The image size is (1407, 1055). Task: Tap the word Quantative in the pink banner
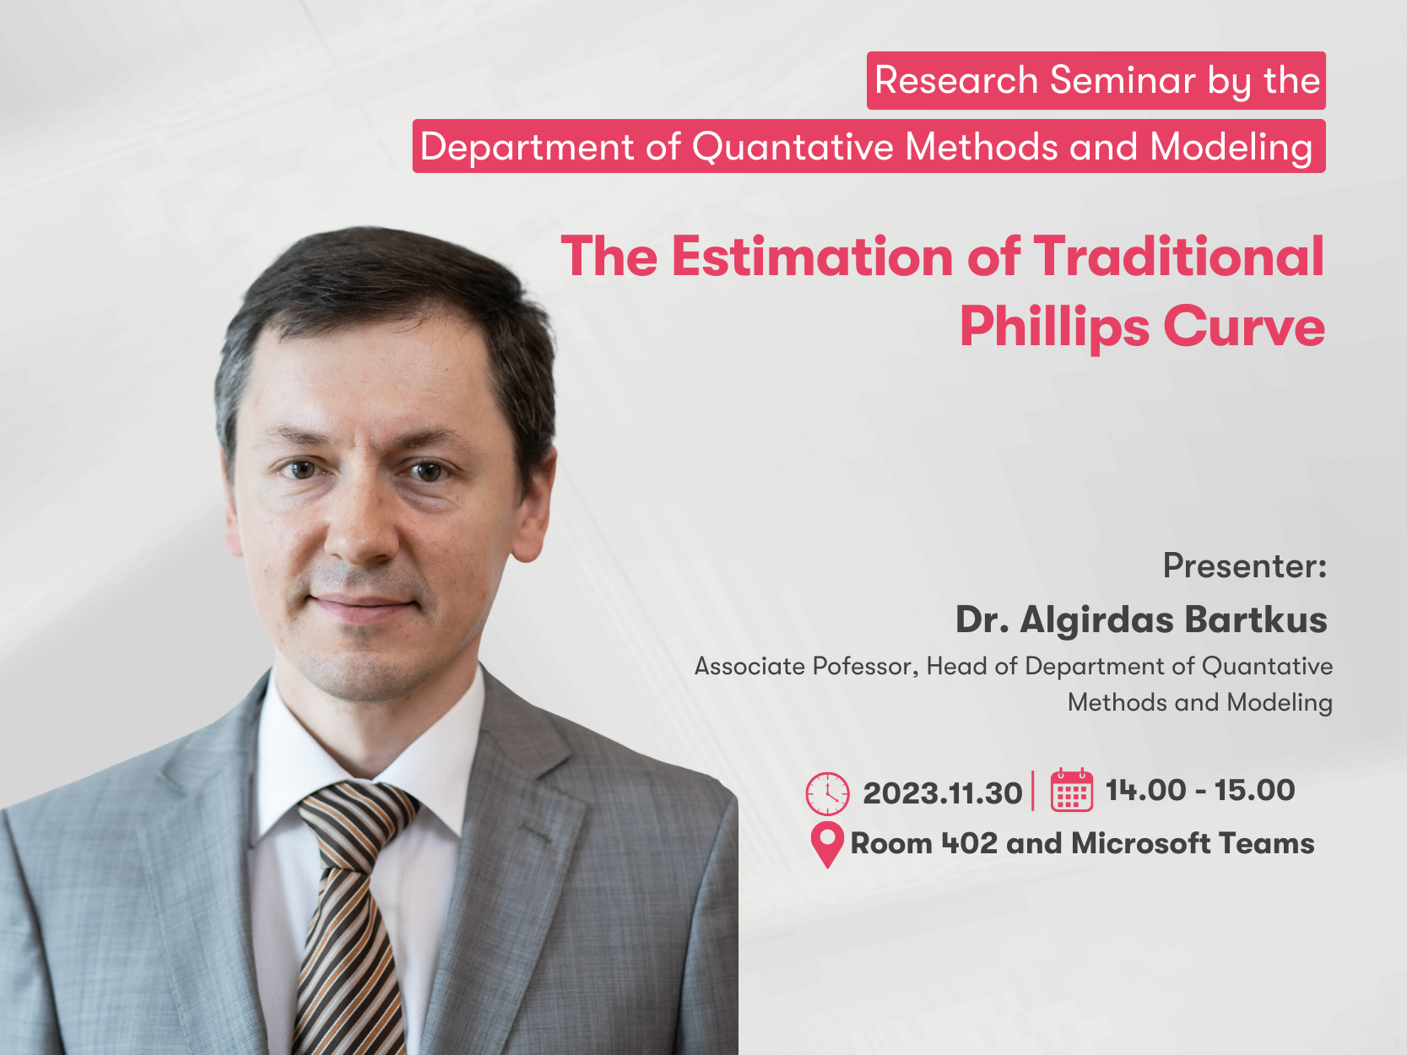point(793,148)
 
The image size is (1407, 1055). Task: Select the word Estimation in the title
point(812,257)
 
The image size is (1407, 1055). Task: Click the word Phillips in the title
point(1054,327)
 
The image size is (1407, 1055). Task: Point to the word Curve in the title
point(1244,327)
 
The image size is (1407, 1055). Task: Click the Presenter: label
point(1245,566)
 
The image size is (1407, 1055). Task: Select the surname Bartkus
point(1256,619)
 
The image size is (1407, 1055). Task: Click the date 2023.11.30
point(942,793)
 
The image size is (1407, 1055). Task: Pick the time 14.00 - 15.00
point(1200,790)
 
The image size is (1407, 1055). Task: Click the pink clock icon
point(827,794)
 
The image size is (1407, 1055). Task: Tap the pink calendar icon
point(1072,790)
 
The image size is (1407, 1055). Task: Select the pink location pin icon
point(827,845)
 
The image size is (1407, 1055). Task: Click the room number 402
point(969,843)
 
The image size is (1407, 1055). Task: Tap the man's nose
point(361,526)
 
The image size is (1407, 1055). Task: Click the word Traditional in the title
point(1179,257)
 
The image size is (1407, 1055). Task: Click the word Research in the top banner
point(956,80)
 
